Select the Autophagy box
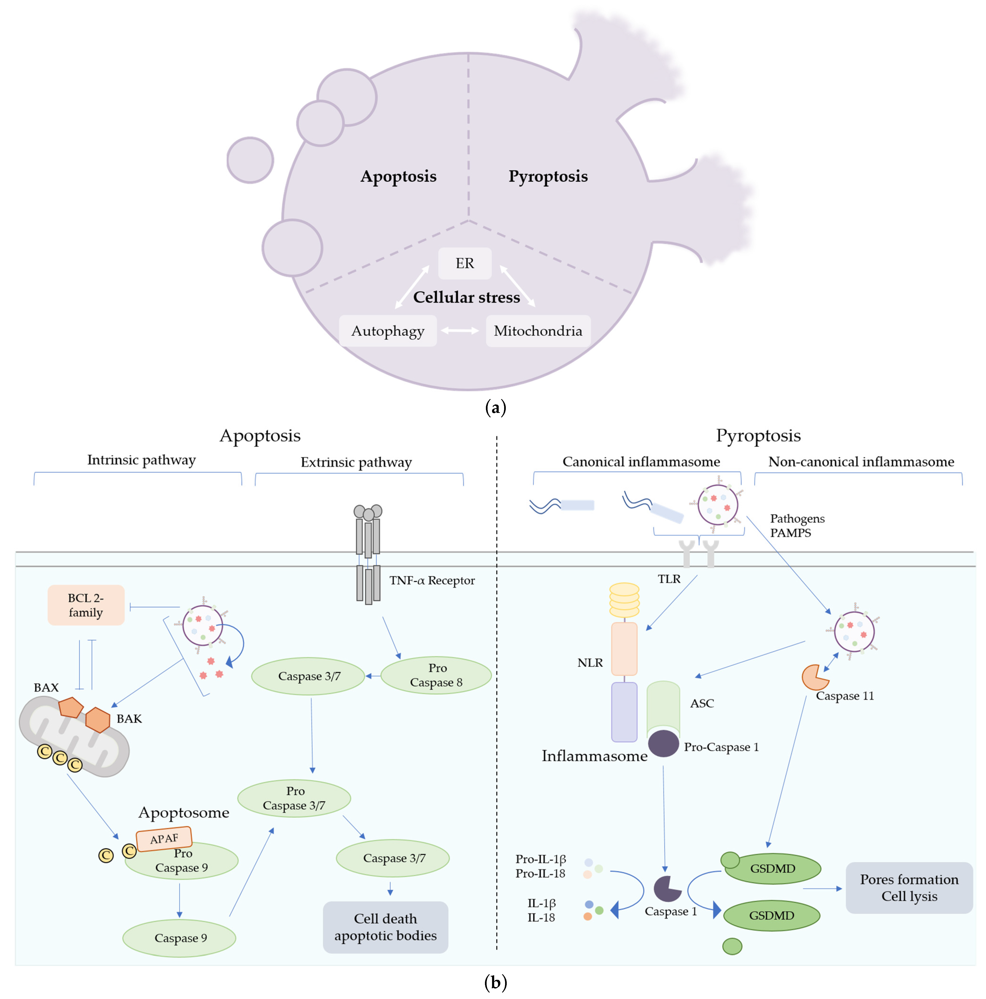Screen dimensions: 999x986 tap(388, 331)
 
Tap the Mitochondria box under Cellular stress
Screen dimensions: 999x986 tap(538, 331)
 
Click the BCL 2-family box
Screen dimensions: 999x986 tap(86, 605)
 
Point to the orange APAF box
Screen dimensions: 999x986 tap(164, 838)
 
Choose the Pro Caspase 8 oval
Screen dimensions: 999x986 tap(436, 675)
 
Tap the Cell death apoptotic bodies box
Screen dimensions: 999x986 tap(385, 927)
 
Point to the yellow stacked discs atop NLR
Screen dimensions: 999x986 tap(624, 600)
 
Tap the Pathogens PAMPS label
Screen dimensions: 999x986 tap(797, 525)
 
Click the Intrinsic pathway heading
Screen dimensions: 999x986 tap(141, 460)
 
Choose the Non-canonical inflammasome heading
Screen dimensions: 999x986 tap(861, 462)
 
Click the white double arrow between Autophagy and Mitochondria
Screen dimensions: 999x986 tap(460, 331)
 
